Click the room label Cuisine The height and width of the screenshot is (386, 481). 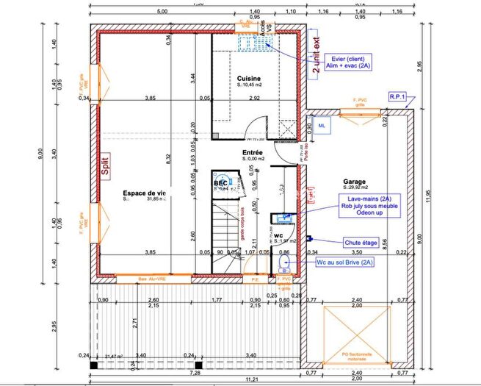pyautogui.click(x=249, y=78)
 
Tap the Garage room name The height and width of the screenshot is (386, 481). pyautogui.click(x=354, y=182)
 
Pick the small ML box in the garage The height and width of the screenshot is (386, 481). pyautogui.click(x=323, y=126)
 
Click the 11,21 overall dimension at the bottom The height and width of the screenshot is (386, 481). pyautogui.click(x=253, y=379)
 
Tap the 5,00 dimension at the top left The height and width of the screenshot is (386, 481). pyautogui.click(x=162, y=12)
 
